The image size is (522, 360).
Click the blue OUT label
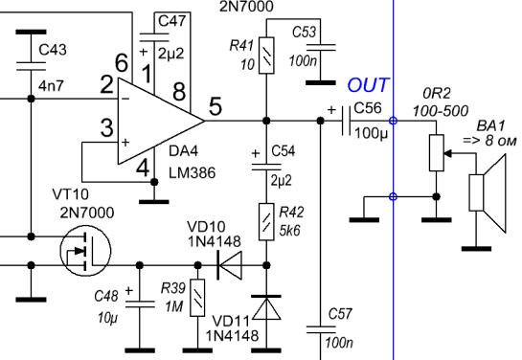(x=368, y=85)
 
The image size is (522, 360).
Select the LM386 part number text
(x=193, y=173)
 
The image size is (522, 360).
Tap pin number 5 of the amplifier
(x=216, y=106)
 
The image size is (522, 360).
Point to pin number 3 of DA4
(x=107, y=128)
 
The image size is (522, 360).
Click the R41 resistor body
(x=266, y=56)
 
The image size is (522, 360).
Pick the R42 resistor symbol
(x=266, y=221)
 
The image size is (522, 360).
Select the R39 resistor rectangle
(x=197, y=298)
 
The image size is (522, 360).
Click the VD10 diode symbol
(x=229, y=265)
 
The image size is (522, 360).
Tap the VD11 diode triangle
(x=266, y=307)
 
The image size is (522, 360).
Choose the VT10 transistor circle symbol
(x=85, y=251)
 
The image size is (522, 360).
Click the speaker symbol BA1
(x=488, y=193)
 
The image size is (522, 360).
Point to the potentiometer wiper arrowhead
(x=448, y=153)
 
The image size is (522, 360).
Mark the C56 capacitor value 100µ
(x=372, y=133)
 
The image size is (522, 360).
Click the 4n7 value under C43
(x=51, y=86)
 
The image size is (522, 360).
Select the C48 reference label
(x=106, y=296)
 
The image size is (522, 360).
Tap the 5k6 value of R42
(x=289, y=230)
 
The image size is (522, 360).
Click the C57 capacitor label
(x=340, y=314)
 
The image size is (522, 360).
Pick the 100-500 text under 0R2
(x=441, y=111)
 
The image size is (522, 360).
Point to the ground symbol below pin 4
(x=154, y=202)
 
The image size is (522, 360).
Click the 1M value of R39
(x=174, y=306)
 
